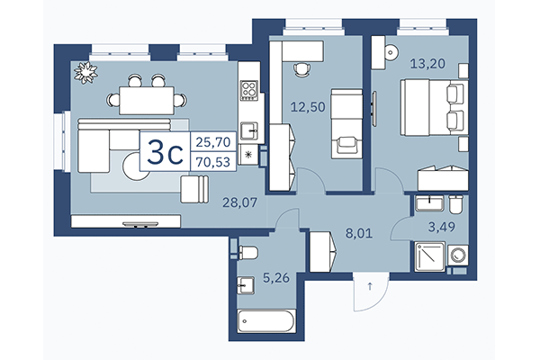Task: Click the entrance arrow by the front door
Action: (x=369, y=289)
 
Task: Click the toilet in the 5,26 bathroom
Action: (x=249, y=250)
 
